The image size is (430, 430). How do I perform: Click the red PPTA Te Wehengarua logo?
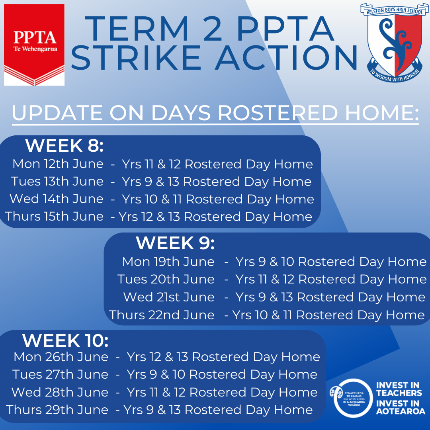point(34,45)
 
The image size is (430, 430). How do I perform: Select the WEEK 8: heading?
point(64,145)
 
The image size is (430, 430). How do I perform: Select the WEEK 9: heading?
point(175,243)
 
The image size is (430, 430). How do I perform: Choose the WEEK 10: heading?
point(65,340)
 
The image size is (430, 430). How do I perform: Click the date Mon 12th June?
point(58,164)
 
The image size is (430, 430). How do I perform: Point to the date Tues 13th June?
point(57,182)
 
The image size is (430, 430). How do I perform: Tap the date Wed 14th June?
point(57,199)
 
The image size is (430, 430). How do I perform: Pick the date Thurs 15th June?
point(55,217)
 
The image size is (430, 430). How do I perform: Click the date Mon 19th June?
point(168,262)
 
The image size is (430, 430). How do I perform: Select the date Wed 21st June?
point(169,297)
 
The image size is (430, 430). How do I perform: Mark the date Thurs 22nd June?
point(162,315)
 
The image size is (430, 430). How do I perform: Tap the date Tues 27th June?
point(60,375)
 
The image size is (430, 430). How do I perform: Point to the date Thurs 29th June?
point(57,410)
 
